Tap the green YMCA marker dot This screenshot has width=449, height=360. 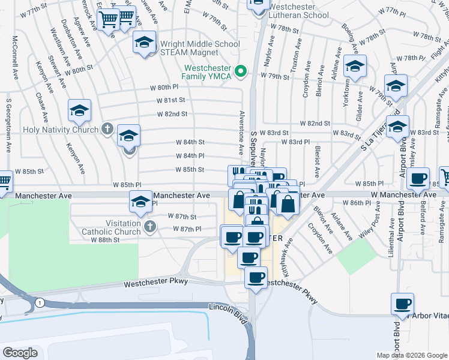(241, 72)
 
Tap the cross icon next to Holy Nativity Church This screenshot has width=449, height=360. (107, 128)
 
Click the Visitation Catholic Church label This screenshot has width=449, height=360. (114, 227)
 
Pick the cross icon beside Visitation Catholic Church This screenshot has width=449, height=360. (149, 227)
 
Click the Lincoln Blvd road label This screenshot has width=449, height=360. (228, 307)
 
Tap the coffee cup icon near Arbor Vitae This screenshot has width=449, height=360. (403, 304)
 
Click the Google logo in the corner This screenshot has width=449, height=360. (20, 353)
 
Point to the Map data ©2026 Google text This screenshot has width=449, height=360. (411, 355)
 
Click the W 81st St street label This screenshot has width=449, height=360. (170, 100)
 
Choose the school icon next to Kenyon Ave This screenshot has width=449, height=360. (79, 110)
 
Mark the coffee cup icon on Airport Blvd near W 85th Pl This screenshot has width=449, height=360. (418, 178)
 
